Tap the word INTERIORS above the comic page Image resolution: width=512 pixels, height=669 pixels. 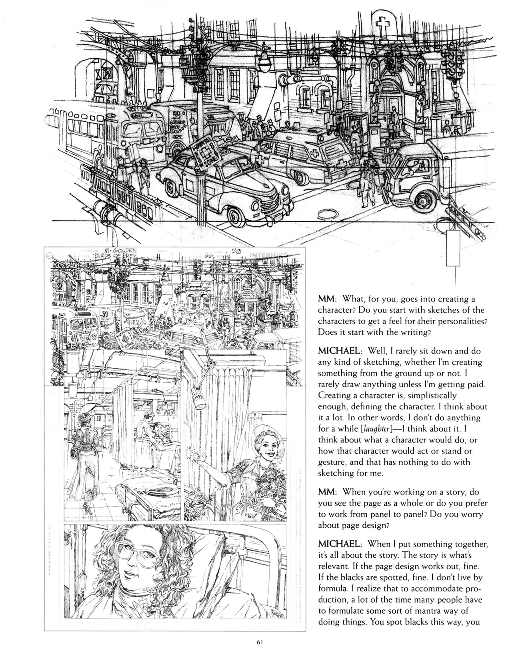(267, 255)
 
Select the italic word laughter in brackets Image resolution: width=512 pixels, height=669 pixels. (378, 428)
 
